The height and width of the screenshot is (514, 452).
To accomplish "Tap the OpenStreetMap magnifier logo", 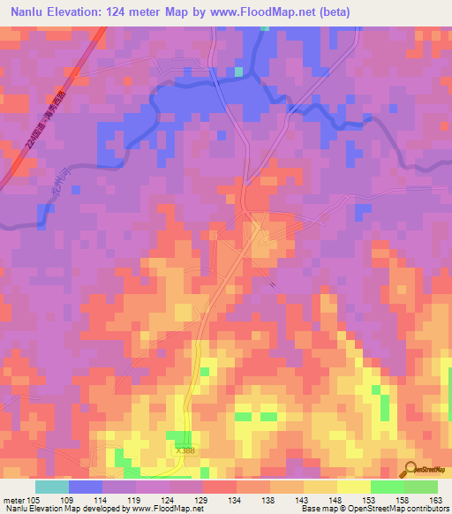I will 411,468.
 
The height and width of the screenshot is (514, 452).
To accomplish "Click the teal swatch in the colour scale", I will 52,487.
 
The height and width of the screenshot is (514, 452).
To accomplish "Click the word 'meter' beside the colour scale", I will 13,500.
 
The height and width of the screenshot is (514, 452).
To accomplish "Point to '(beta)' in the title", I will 335,12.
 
